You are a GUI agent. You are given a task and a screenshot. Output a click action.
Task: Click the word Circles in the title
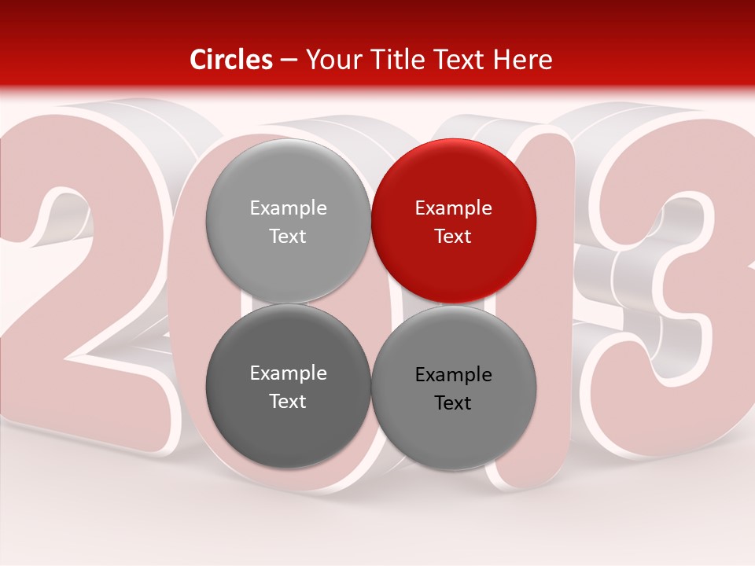pyautogui.click(x=230, y=60)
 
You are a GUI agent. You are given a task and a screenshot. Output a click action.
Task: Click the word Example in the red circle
pyautogui.click(x=454, y=208)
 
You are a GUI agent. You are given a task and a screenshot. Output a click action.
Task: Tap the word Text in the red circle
pyautogui.click(x=454, y=237)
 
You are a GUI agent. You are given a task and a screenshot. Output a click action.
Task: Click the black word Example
pyautogui.click(x=454, y=375)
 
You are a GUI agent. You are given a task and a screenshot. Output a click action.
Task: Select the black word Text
pyautogui.click(x=454, y=403)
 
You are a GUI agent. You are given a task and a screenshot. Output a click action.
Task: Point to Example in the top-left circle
pyautogui.click(x=288, y=208)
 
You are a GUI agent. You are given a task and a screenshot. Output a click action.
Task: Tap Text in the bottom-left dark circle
pyautogui.click(x=288, y=402)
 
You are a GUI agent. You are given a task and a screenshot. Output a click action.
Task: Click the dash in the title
pyautogui.click(x=288, y=60)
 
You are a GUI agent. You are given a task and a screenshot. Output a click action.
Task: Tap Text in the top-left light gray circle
pyautogui.click(x=288, y=237)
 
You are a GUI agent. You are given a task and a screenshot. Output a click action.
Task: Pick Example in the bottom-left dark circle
pyautogui.click(x=288, y=373)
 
